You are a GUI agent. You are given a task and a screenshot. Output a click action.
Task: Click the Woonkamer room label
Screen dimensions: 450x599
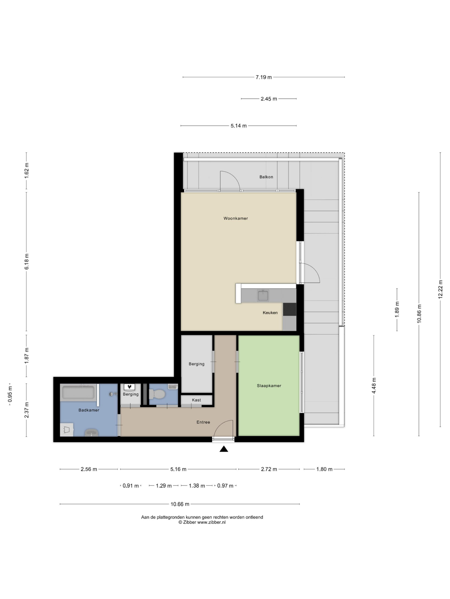pos(236,218)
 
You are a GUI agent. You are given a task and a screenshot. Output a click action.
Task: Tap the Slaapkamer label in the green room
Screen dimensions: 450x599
pos(269,386)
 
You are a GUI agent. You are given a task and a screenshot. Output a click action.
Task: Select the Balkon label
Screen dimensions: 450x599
pos(266,177)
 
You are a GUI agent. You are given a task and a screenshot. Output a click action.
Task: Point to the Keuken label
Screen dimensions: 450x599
pos(270,313)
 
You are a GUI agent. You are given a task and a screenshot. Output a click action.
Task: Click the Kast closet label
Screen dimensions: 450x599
pos(196,400)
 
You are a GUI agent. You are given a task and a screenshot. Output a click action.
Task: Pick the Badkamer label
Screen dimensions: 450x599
pos(89,410)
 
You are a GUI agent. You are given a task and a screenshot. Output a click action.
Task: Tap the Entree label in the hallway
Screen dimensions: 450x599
pos(203,422)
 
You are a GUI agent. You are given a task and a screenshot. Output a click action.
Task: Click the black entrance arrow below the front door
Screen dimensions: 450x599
pos(224,449)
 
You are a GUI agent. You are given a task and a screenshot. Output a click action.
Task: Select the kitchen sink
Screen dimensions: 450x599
pos(263,295)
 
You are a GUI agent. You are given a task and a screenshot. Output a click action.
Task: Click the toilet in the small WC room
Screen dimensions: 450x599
pos(157,394)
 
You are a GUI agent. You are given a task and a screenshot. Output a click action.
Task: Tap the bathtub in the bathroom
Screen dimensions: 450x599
pos(78,392)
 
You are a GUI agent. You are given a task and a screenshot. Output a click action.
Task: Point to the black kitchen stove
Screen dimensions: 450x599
pos(289,309)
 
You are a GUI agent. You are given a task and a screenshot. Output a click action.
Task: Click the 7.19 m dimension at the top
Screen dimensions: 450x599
pos(264,77)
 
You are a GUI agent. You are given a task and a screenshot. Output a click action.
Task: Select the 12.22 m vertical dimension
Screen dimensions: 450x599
pos(440,289)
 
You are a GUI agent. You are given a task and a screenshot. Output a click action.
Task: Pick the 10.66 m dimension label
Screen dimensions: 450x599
pos(180,504)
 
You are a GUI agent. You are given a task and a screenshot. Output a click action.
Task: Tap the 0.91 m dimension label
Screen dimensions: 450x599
pos(131,486)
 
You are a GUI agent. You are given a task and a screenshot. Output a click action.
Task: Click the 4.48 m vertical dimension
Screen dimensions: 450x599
pos(374,386)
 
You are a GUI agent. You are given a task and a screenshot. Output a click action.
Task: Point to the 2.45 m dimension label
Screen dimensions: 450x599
pos(269,99)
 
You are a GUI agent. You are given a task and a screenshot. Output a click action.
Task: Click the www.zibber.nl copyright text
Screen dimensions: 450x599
pos(202,522)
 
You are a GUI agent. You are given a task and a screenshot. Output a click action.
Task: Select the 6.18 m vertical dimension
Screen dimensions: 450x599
pos(26,262)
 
